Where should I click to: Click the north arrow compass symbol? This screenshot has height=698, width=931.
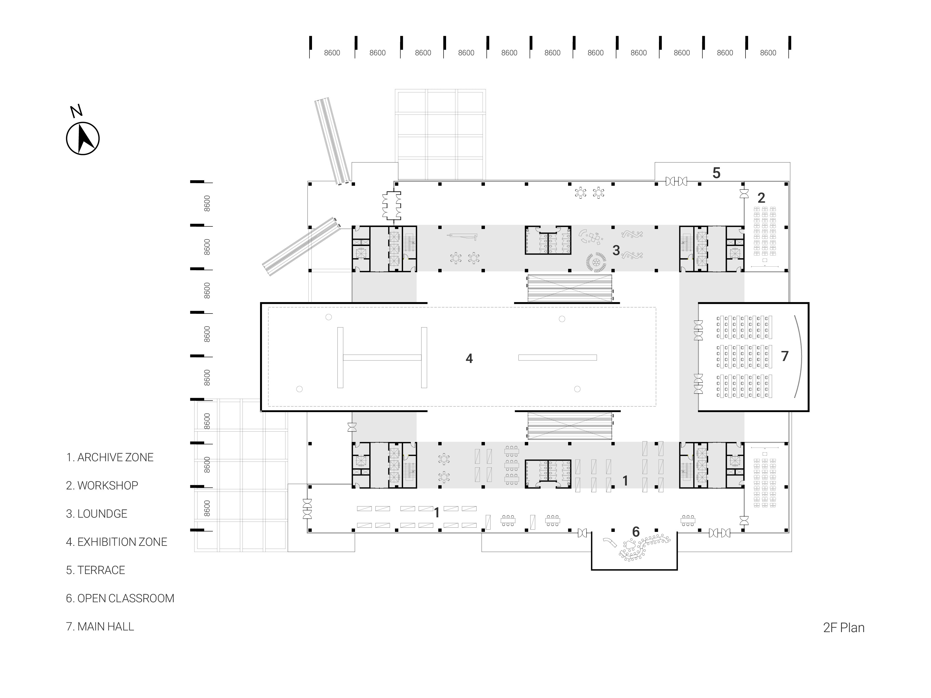click(83, 138)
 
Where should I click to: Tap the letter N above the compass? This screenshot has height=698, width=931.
click(76, 111)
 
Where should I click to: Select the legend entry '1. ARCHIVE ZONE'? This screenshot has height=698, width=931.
click(110, 457)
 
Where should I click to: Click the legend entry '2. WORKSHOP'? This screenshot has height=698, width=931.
click(102, 486)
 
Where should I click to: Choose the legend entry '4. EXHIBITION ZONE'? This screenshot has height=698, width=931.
click(116, 542)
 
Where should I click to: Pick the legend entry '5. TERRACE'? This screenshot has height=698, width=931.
click(96, 570)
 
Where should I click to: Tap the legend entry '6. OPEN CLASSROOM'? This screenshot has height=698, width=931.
click(120, 598)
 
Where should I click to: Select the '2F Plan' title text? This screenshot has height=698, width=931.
click(844, 628)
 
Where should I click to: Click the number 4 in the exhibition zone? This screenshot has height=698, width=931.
click(469, 358)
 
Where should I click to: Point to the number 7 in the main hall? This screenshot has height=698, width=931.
click(785, 356)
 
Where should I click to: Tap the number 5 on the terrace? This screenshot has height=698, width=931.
click(716, 173)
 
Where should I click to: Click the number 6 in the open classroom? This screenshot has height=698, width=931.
click(636, 532)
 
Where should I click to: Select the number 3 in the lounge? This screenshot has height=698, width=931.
click(616, 250)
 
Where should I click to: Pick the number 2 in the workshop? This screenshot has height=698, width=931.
click(761, 198)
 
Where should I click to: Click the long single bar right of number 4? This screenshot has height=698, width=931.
click(557, 358)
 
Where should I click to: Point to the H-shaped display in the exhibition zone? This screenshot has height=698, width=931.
click(382, 358)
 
